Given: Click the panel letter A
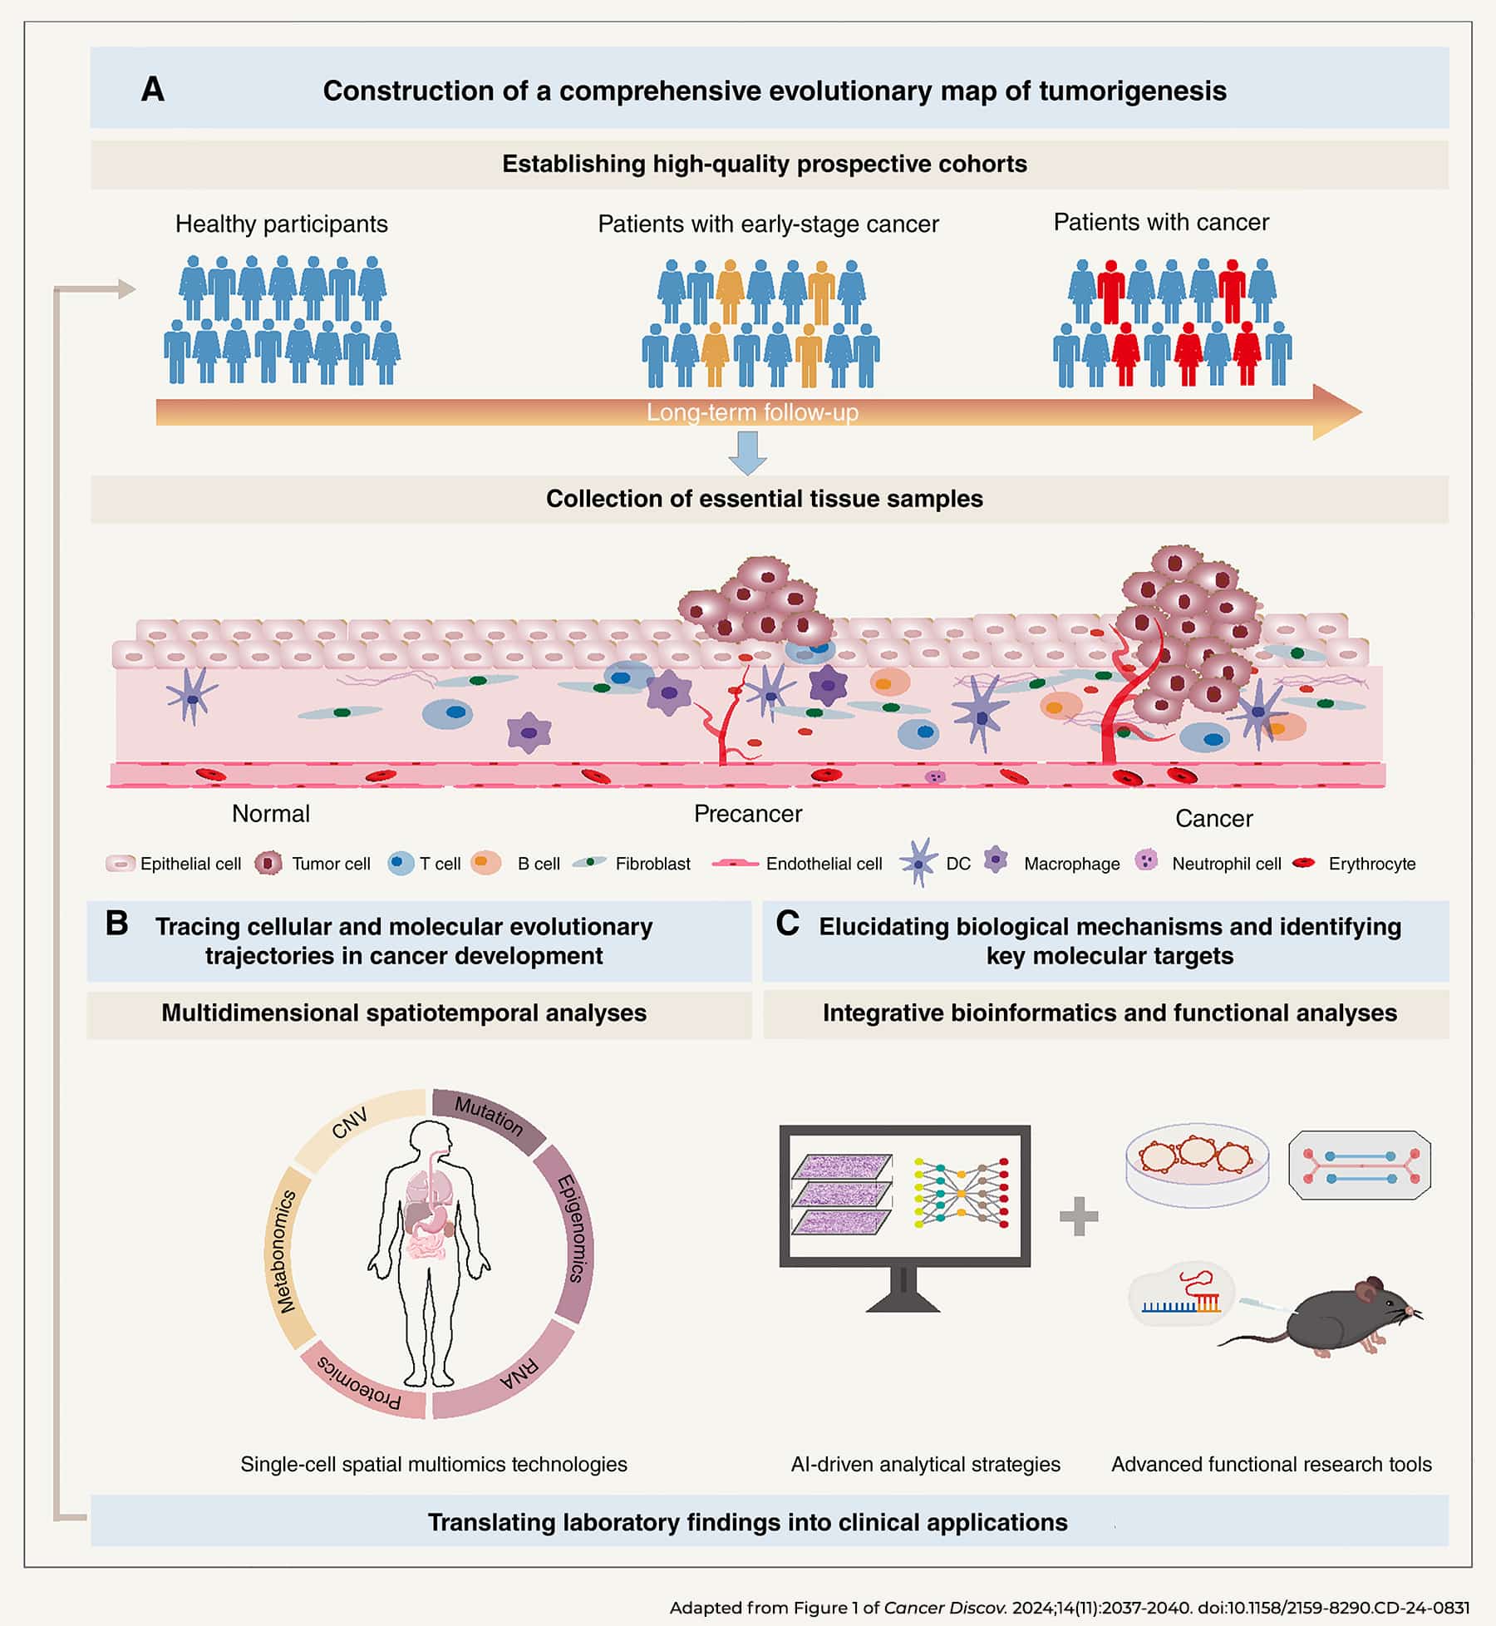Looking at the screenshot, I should [153, 90].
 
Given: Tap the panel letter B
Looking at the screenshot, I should [117, 924].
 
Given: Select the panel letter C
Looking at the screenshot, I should [787, 924].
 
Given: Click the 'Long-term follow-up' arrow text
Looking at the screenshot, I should [752, 412].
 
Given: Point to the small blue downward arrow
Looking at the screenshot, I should [747, 454].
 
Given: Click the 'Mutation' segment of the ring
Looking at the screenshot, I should [489, 1117].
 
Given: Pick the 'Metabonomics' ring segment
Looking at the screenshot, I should [286, 1252].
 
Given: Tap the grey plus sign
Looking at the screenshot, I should [1079, 1216].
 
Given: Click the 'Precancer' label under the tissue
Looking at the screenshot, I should [748, 814].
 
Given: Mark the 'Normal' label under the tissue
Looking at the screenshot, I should [271, 814].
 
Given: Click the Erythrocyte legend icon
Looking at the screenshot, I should [1304, 863].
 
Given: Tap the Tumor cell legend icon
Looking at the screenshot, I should [268, 864].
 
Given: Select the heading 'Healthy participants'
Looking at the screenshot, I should [282, 224].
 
